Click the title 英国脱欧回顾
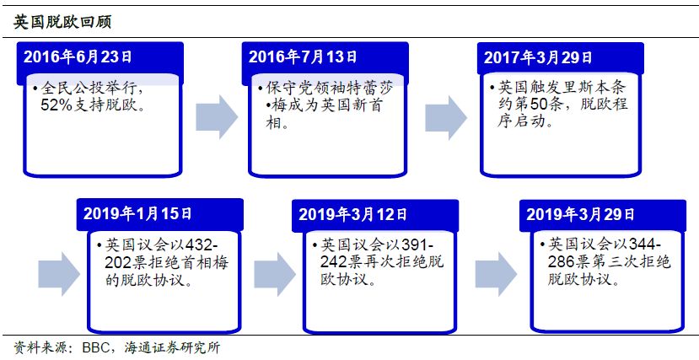click(62, 22)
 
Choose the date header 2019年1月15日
click(137, 214)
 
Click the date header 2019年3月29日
click(581, 215)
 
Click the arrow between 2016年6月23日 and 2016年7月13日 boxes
click(217, 116)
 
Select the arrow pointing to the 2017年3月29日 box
click(445, 116)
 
